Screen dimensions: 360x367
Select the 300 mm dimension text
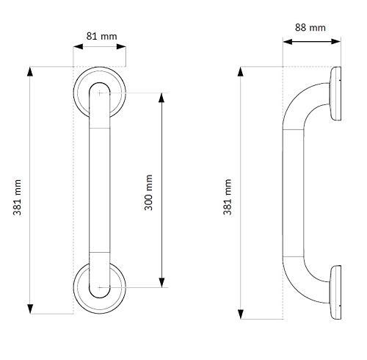(x=150, y=192)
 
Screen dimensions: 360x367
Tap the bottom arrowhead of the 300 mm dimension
(x=162, y=281)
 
